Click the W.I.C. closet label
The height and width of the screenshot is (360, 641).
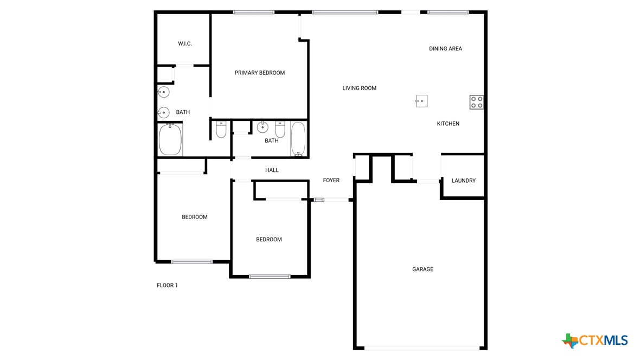point(185,44)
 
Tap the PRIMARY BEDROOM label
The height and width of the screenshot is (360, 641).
point(259,73)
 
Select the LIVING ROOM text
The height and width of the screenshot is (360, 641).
point(359,88)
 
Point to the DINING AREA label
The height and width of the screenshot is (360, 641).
point(445,49)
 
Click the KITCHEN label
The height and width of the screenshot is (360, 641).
point(448,124)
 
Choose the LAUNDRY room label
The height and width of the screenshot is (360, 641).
point(463,181)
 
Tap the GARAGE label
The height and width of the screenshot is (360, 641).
point(422,269)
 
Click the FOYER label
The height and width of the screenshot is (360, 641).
point(331,181)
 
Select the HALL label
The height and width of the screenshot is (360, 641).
point(272,170)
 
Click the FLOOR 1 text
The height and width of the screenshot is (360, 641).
point(167,286)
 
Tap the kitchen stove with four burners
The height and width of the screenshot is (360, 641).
point(477,102)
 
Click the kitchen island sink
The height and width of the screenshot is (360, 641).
point(421,100)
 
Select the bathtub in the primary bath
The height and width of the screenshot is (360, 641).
point(170,140)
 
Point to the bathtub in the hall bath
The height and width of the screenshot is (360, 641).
point(298,139)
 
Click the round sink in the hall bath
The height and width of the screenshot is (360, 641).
point(262,128)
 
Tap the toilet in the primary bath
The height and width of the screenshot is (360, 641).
point(221,130)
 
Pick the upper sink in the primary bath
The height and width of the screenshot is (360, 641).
point(163,92)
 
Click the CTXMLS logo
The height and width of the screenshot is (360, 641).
point(595,340)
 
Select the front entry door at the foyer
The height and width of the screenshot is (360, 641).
point(331,200)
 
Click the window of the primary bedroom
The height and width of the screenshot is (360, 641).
point(253,12)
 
